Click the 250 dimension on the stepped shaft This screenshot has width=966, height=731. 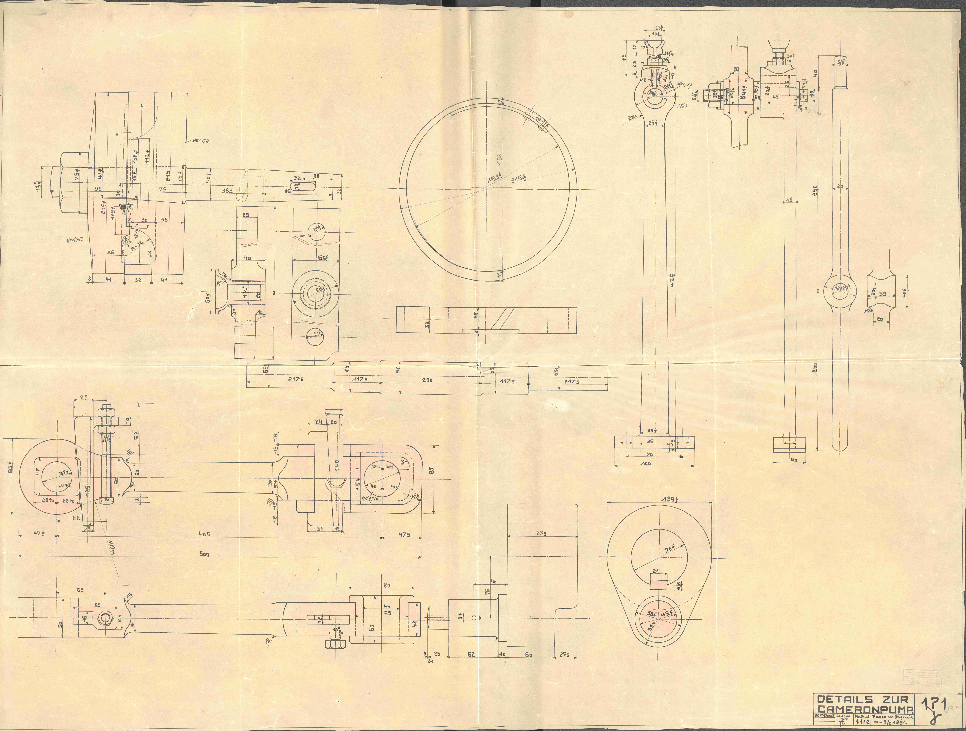(x=427, y=380)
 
